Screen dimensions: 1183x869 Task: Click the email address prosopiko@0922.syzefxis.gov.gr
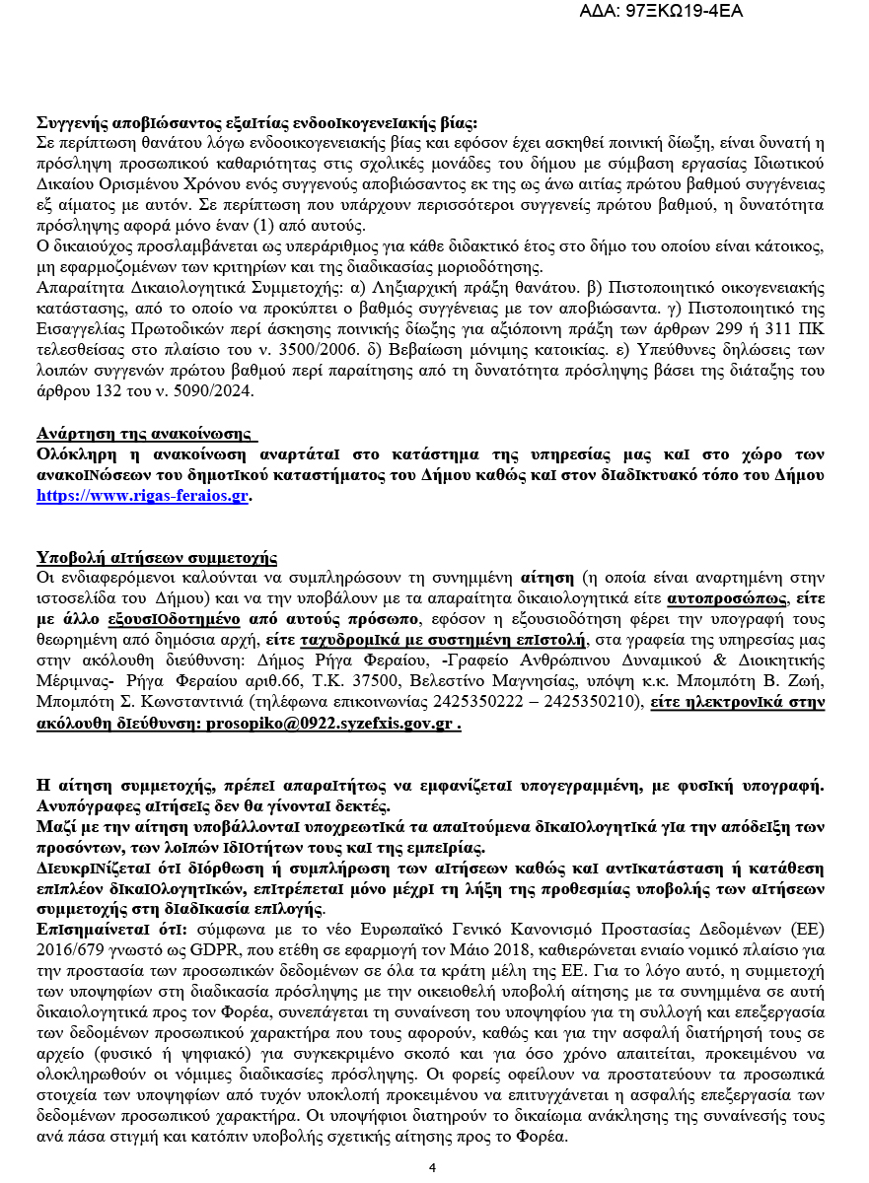point(328,723)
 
